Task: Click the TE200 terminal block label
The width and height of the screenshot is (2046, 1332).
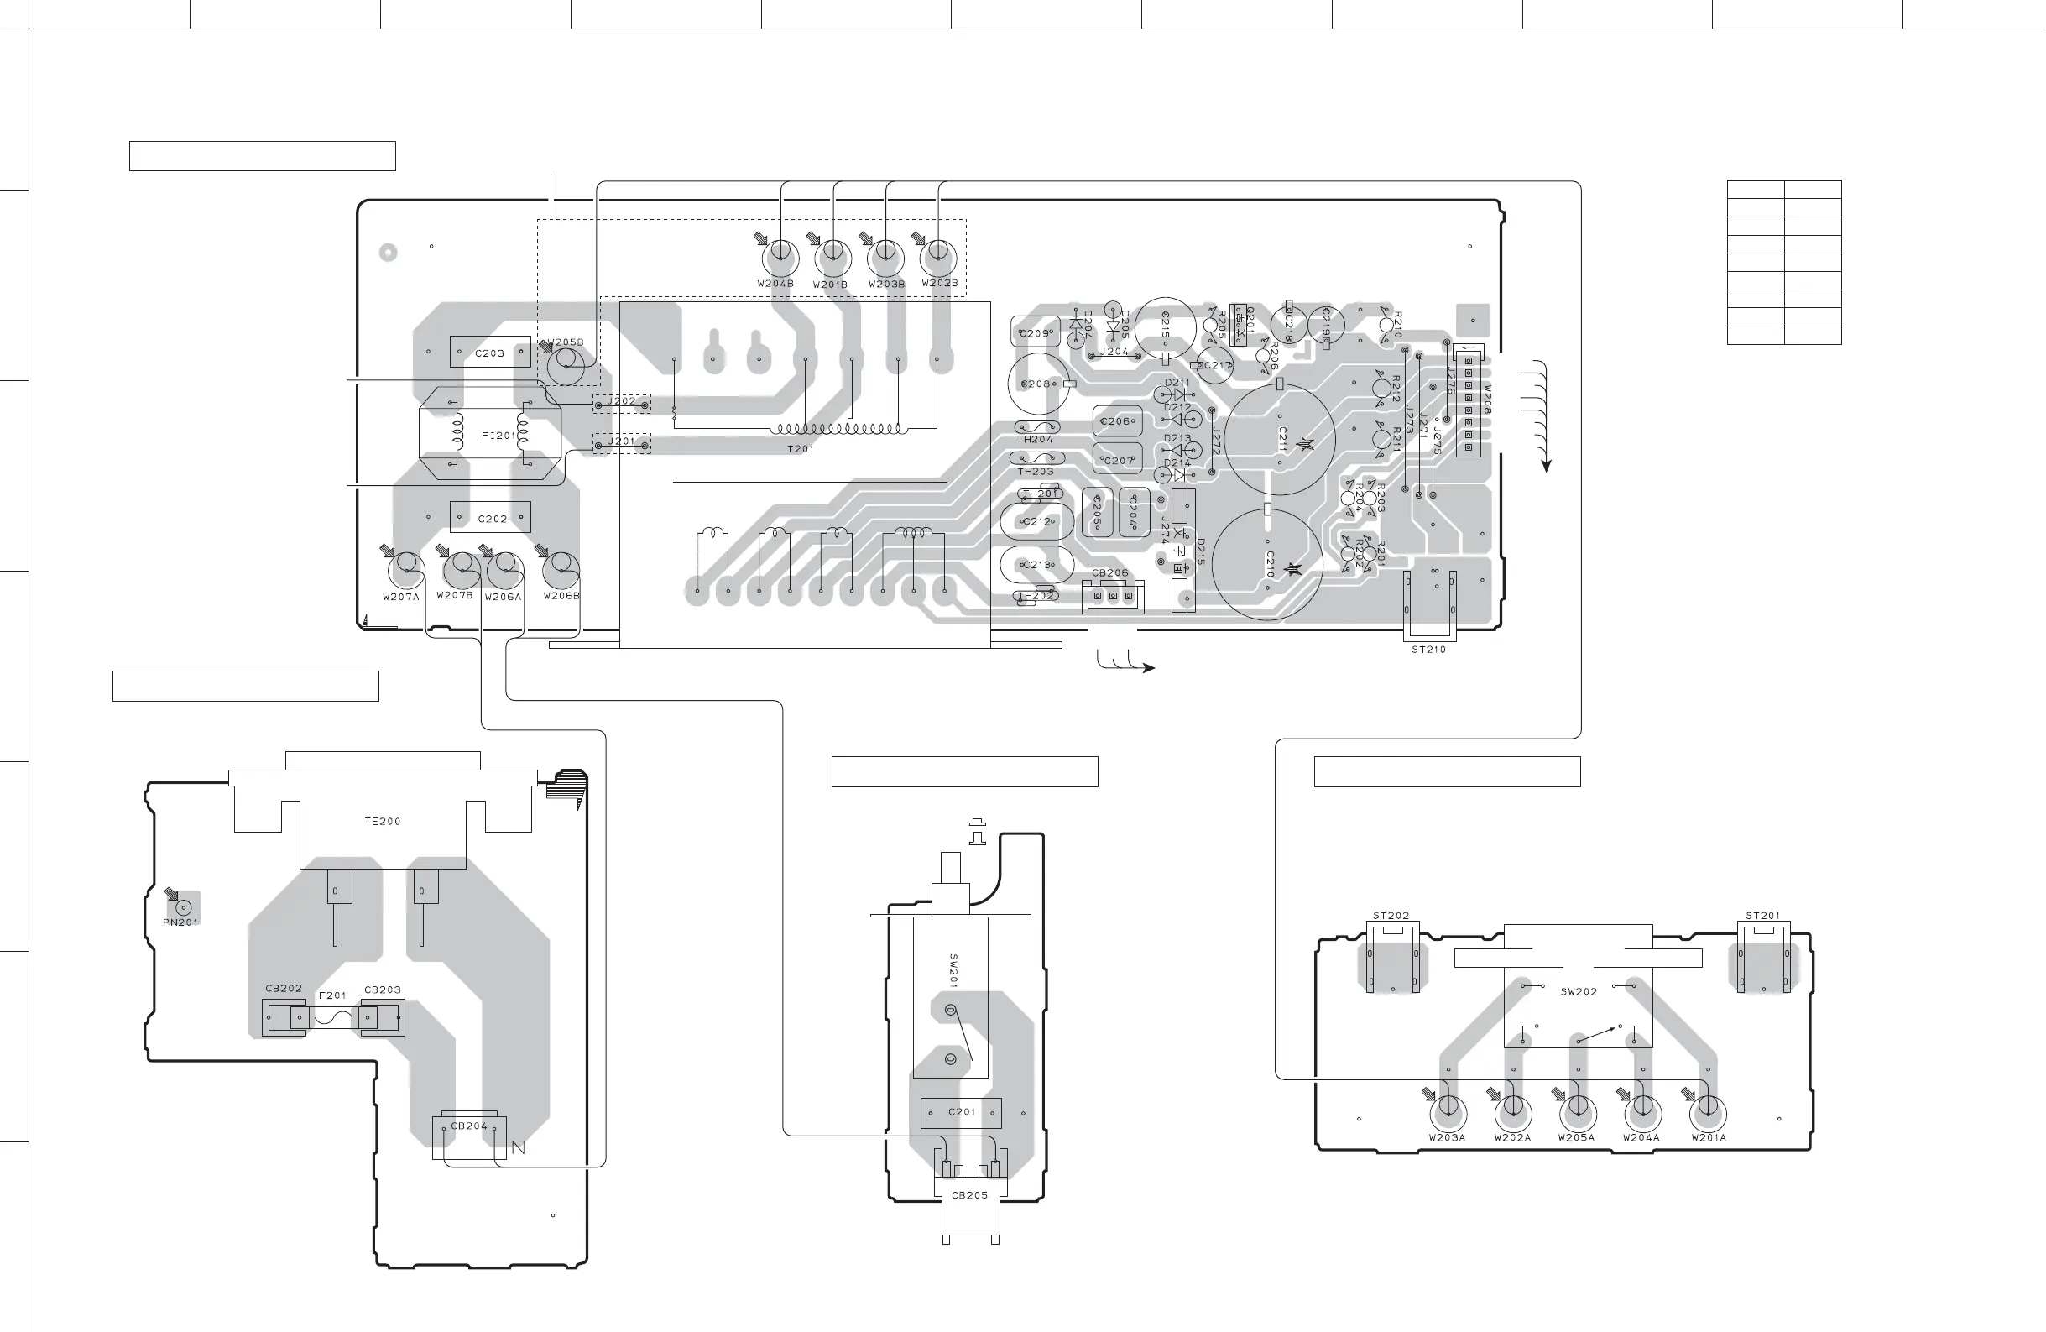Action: [x=383, y=821]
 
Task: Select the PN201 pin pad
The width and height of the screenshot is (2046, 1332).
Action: [x=182, y=907]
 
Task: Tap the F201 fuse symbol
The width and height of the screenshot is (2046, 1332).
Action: [x=332, y=1018]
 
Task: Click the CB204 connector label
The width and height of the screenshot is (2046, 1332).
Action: [x=468, y=1126]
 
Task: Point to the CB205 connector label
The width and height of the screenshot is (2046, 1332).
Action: [x=969, y=1195]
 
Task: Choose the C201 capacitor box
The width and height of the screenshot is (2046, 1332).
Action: [x=961, y=1112]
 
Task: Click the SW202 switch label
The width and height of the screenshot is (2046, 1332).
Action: [x=1579, y=991]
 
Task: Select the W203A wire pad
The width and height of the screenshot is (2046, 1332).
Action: [x=1448, y=1114]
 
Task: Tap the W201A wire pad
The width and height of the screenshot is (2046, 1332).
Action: [x=1708, y=1114]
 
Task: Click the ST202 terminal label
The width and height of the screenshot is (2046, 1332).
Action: [x=1391, y=916]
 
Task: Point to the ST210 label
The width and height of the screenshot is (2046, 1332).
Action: [x=1429, y=650]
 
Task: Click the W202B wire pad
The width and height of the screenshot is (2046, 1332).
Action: [x=939, y=254]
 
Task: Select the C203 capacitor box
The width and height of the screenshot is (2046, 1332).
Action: [x=490, y=353]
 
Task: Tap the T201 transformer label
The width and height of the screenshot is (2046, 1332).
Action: [x=801, y=449]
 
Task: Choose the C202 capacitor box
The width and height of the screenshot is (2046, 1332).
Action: [x=491, y=518]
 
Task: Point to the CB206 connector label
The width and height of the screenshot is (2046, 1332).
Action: [x=1109, y=572]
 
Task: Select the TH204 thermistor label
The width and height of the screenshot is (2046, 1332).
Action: [x=1035, y=440]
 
